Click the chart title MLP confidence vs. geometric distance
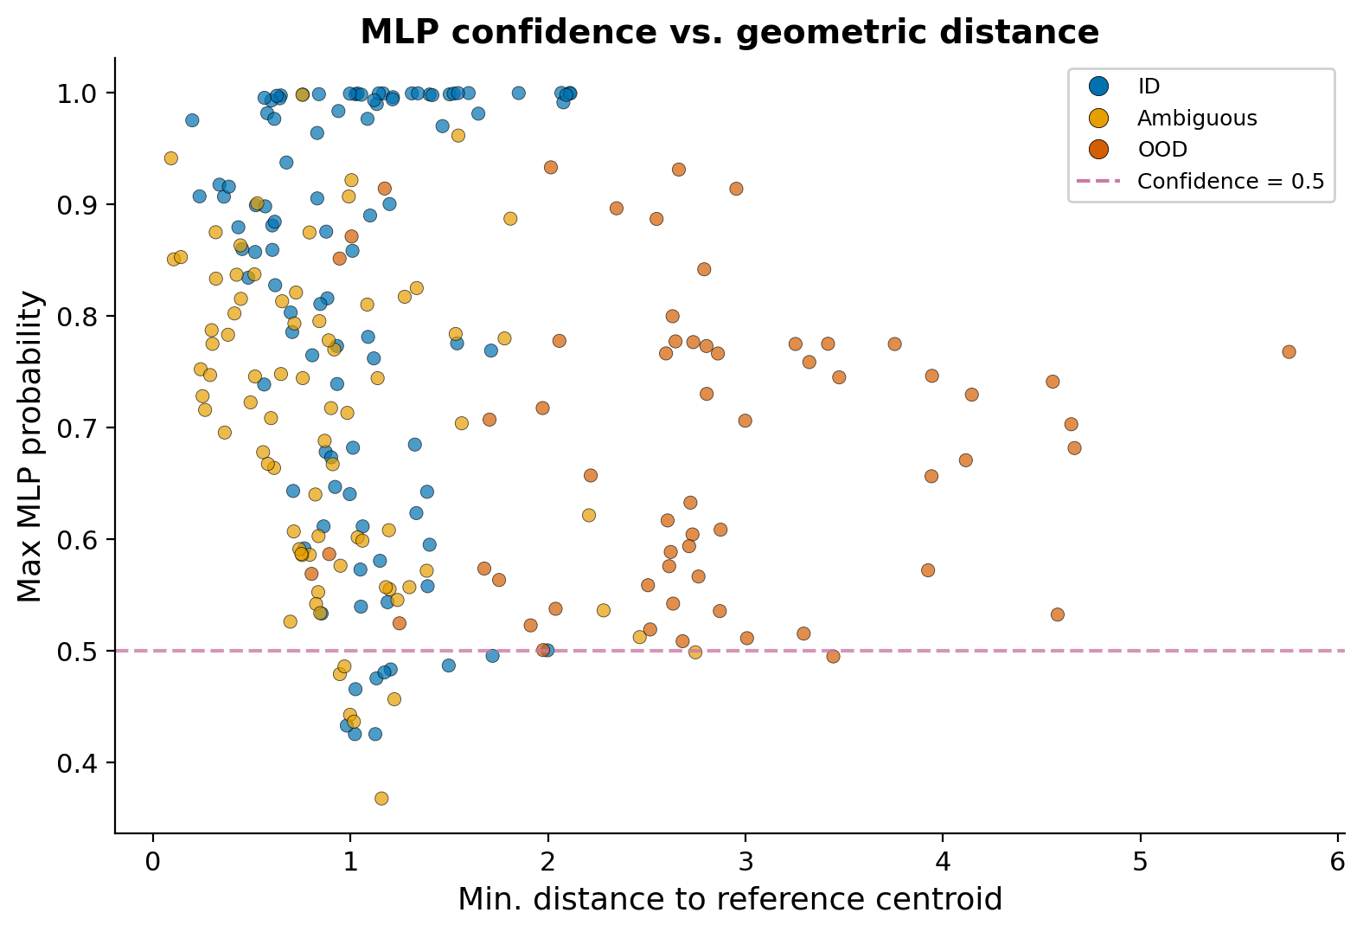coord(729,32)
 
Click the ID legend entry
coord(1149,86)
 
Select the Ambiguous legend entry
coord(1196,118)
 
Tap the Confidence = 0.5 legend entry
coord(1230,181)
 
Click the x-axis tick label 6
coord(1337,863)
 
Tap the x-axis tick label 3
coord(745,863)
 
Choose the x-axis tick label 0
coord(153,863)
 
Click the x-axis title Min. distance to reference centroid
coord(729,899)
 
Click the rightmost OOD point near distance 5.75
coord(1289,351)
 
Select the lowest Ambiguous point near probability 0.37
coord(381,798)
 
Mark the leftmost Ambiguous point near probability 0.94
coord(171,158)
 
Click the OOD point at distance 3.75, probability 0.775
coord(894,344)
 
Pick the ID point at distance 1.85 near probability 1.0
coord(518,93)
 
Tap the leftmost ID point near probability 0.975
coord(192,120)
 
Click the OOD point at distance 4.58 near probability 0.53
coord(1057,614)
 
